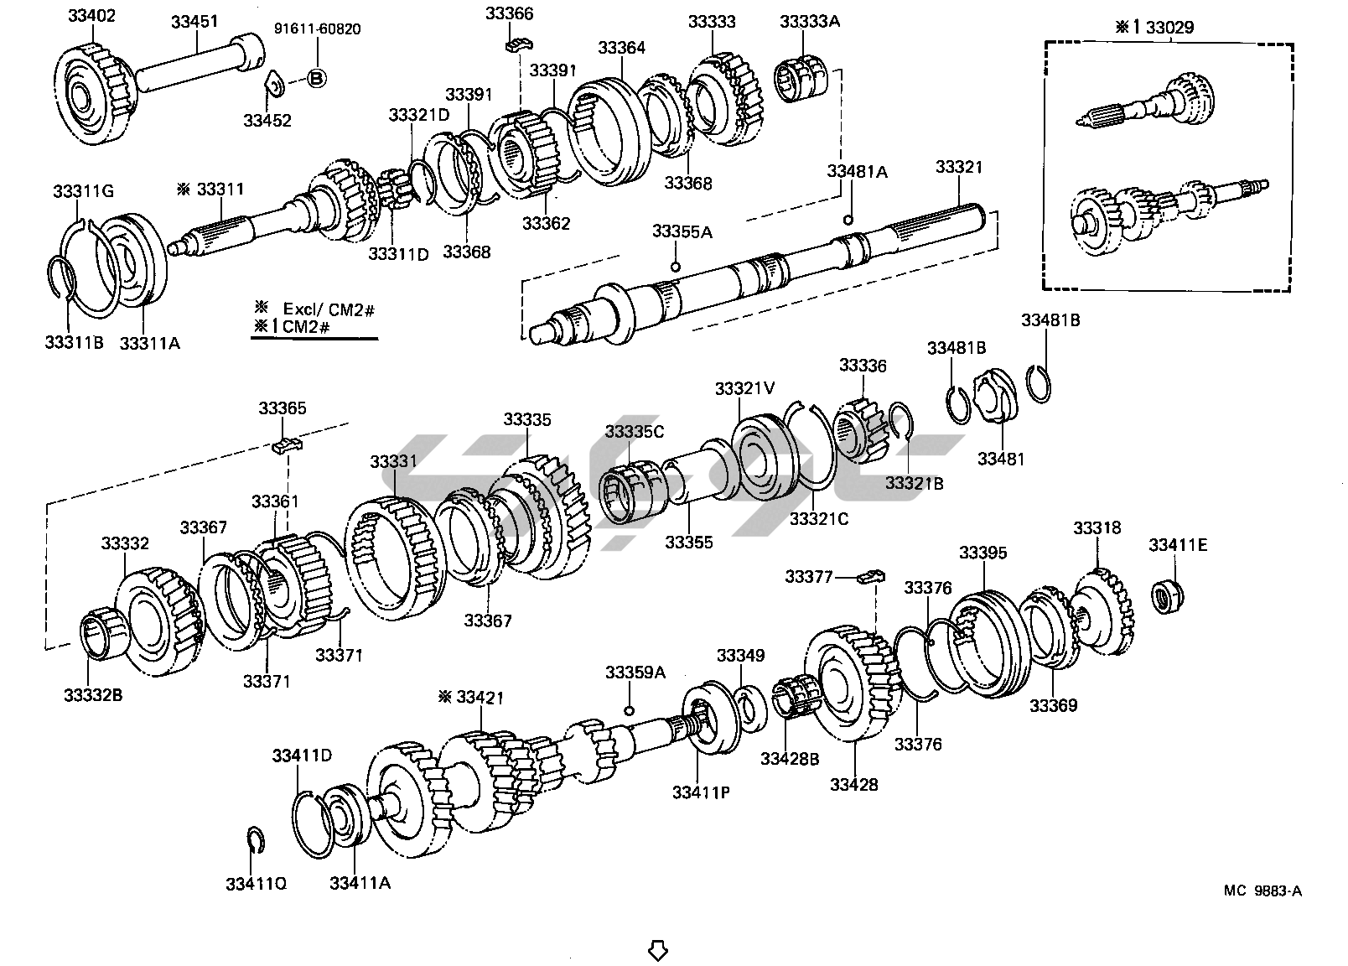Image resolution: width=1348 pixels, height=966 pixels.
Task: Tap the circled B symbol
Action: pyautogui.click(x=317, y=78)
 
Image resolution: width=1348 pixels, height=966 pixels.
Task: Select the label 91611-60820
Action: pyautogui.click(x=317, y=29)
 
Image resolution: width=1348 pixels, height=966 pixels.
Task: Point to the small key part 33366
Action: pyautogui.click(x=520, y=45)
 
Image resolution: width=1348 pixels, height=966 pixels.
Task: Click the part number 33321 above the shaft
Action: pyautogui.click(x=958, y=167)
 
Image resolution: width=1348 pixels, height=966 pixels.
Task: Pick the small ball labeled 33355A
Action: pyautogui.click(x=675, y=267)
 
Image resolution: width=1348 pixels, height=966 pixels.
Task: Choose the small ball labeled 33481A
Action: pyautogui.click(x=848, y=220)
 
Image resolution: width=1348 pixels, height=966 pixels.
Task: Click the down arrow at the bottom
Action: pyautogui.click(x=658, y=950)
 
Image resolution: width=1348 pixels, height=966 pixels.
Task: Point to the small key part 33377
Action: pyautogui.click(x=872, y=576)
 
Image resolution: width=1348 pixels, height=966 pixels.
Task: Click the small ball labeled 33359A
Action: pyautogui.click(x=630, y=711)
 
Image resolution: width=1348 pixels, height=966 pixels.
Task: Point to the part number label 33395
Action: pyautogui.click(x=982, y=553)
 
